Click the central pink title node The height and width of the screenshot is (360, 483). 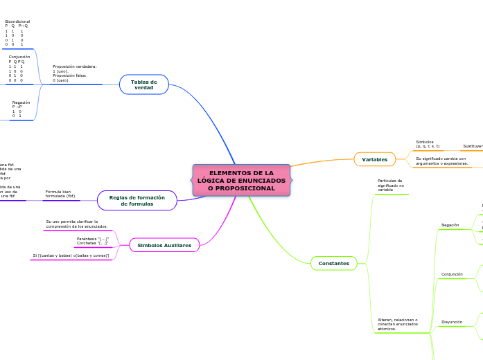(241, 180)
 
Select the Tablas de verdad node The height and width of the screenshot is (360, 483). (143, 84)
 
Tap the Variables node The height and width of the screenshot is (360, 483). (374, 159)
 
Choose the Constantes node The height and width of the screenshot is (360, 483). (334, 263)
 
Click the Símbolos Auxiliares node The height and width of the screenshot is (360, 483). (164, 245)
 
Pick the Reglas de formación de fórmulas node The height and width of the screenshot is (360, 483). (137, 201)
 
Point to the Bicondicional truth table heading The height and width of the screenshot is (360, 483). (17, 21)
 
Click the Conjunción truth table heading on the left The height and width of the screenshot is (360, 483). (19, 57)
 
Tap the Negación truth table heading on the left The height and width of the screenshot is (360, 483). (21, 102)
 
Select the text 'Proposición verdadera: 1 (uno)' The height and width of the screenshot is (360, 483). (74, 68)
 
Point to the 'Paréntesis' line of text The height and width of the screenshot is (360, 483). (92, 239)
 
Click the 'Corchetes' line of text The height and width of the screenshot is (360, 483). (92, 244)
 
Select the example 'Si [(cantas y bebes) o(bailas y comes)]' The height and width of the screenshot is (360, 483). (71, 255)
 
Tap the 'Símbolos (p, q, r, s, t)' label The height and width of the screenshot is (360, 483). (428, 144)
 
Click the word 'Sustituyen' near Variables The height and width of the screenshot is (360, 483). (473, 146)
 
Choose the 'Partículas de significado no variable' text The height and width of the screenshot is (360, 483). (390, 185)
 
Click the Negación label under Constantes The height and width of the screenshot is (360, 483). (450, 225)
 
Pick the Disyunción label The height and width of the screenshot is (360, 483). (452, 322)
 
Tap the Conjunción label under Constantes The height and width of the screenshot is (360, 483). (452, 274)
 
